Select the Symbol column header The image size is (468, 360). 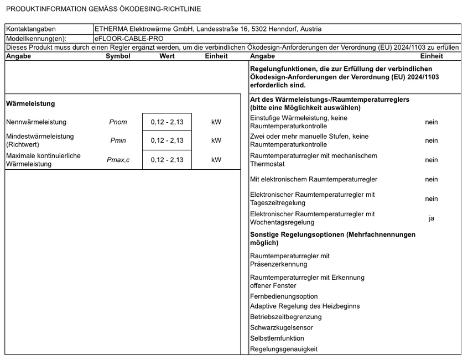(x=118, y=56)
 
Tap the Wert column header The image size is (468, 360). (x=167, y=56)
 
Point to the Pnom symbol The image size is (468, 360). (x=118, y=122)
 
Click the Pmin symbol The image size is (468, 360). (x=118, y=140)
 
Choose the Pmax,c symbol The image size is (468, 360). (x=118, y=160)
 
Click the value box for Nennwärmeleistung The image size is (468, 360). (x=167, y=122)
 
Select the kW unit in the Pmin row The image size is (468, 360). (x=216, y=140)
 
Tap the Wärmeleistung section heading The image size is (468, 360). (x=30, y=103)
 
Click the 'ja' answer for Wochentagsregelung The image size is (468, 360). (x=431, y=218)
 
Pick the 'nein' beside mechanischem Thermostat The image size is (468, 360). (x=431, y=160)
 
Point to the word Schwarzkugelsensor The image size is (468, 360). (x=282, y=327)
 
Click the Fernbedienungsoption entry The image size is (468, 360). (x=284, y=296)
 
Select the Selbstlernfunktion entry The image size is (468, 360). (x=277, y=338)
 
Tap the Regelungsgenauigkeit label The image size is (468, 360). (x=284, y=349)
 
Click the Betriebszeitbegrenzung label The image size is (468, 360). (x=285, y=317)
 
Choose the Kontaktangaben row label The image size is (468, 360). (x=31, y=29)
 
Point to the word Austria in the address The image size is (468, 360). (x=310, y=29)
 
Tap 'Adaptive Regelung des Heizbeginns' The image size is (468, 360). (x=305, y=306)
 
